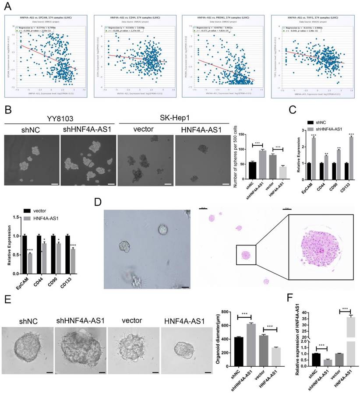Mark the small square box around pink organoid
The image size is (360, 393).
point(246,255)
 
